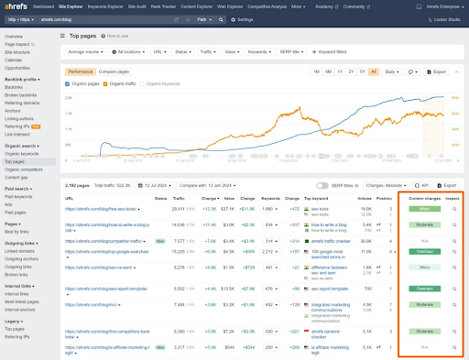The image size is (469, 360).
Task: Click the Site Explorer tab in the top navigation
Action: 74,5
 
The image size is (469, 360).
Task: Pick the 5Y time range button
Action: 363,71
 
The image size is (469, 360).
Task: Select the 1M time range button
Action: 316,71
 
